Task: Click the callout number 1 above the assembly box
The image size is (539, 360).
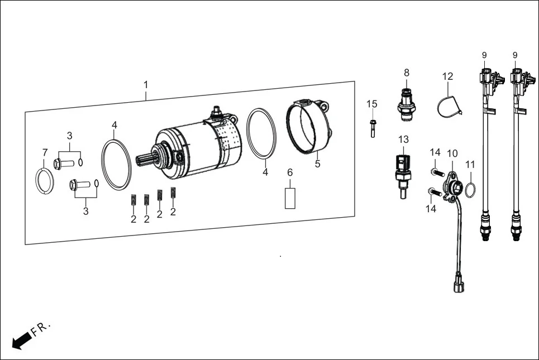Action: pyautogui.click(x=146, y=85)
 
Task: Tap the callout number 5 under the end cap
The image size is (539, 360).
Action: pyautogui.click(x=318, y=164)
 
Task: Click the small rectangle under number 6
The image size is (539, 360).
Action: pyautogui.click(x=290, y=198)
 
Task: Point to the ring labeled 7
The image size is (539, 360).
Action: pyautogui.click(x=44, y=181)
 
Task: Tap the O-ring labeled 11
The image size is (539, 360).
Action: pyautogui.click(x=470, y=190)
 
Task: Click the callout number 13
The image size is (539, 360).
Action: pyautogui.click(x=403, y=139)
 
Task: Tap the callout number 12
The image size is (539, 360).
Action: pyautogui.click(x=448, y=76)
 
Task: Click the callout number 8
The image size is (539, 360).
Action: pyautogui.click(x=407, y=72)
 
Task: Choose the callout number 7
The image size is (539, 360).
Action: pyautogui.click(x=45, y=152)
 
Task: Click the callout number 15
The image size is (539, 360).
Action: pyautogui.click(x=372, y=104)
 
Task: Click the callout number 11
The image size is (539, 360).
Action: pyautogui.click(x=470, y=165)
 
